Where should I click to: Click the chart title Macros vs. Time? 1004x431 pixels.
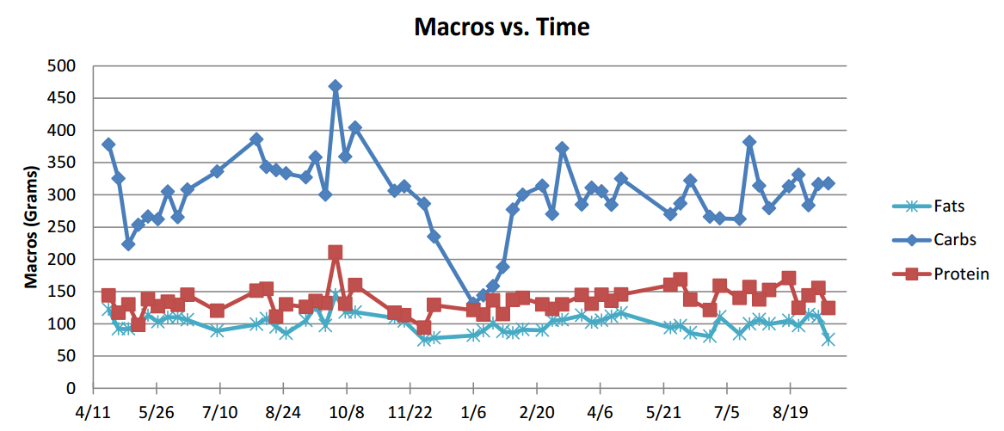point(502,27)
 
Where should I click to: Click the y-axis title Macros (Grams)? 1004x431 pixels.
point(31,227)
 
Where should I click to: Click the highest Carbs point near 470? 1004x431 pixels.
point(335,86)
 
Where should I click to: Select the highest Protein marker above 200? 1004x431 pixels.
point(335,252)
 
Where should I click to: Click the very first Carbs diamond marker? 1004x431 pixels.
point(108,145)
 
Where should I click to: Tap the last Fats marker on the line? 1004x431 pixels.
point(828,340)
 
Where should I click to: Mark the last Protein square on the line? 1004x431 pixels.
point(828,308)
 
